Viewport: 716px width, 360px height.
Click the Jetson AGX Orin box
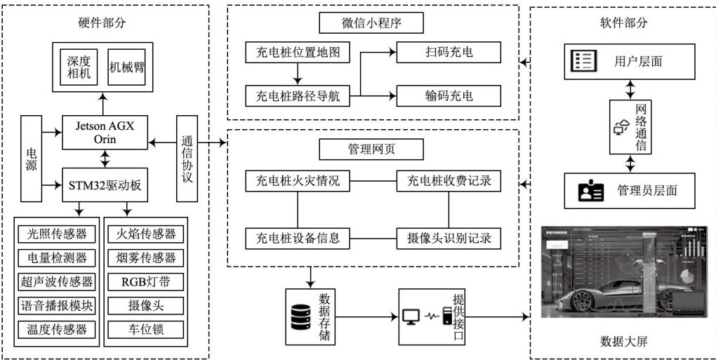[105, 132]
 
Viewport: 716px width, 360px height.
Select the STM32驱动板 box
[105, 185]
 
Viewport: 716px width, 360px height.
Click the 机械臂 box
[127, 67]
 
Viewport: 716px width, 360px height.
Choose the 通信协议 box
[187, 159]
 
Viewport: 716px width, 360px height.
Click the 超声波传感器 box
[57, 281]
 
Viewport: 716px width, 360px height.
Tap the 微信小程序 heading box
[371, 23]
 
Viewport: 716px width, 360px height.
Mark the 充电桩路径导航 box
[298, 95]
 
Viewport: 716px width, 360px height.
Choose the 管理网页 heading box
[371, 149]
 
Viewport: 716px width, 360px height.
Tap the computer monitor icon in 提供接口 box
[412, 316]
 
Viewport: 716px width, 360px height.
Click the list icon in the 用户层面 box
[584, 61]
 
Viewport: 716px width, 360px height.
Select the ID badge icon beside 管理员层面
[590, 190]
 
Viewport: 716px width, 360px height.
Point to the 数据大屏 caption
[623, 342]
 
